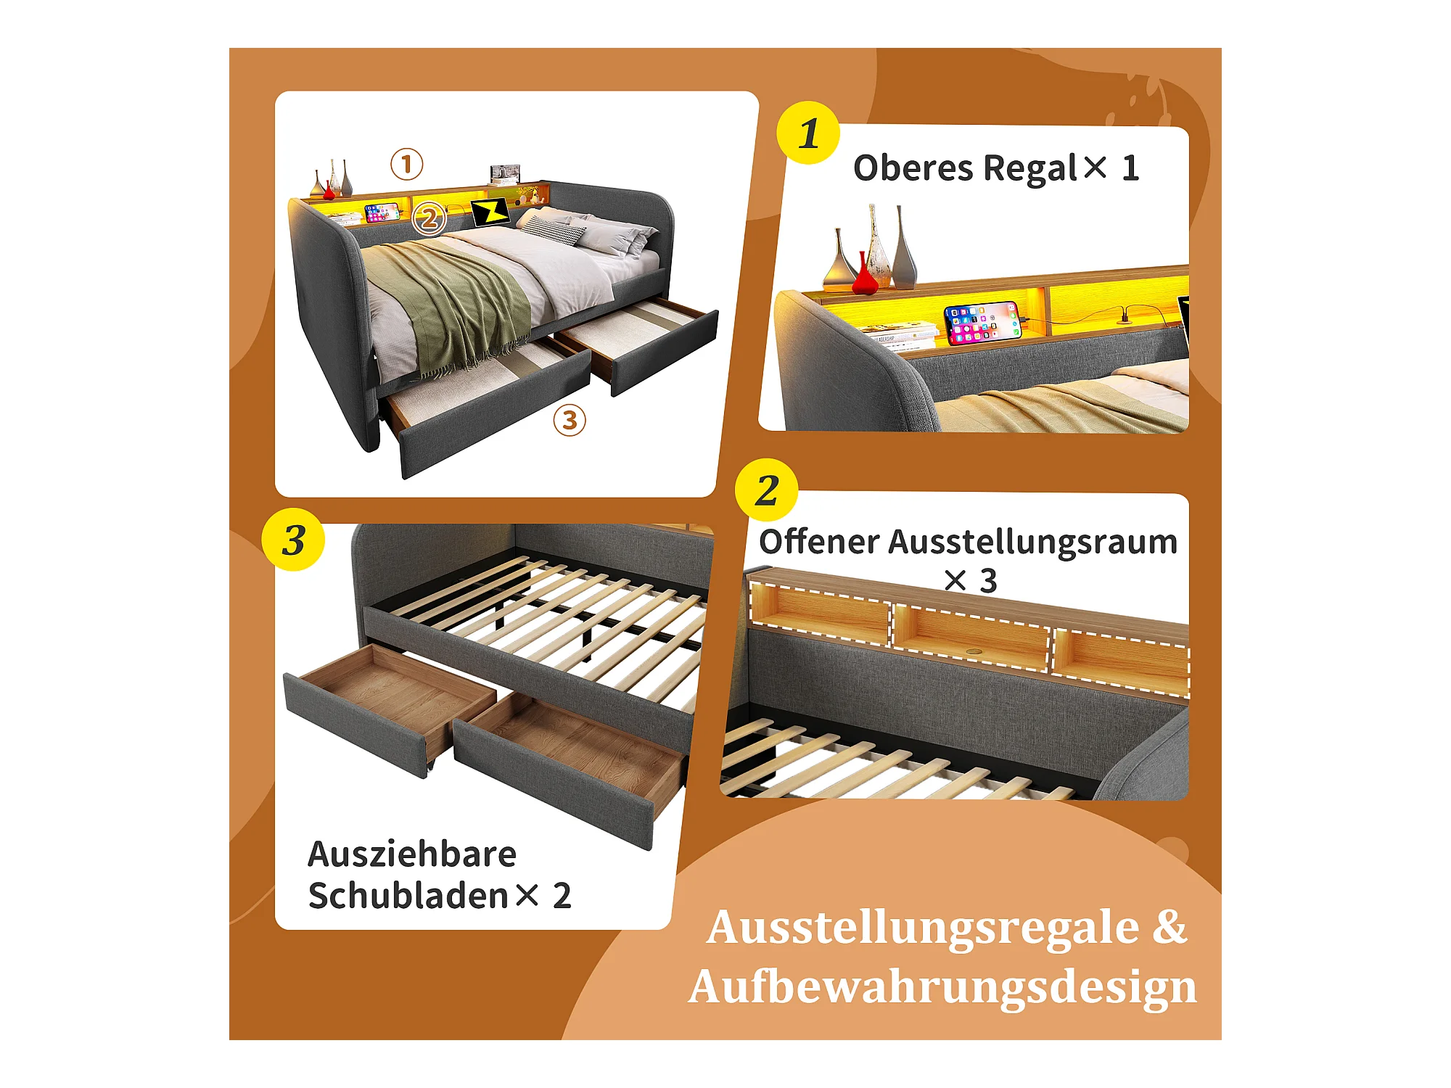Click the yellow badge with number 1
(x=808, y=133)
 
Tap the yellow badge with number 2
(x=767, y=490)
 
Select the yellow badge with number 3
(x=293, y=539)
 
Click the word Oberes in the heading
(x=913, y=168)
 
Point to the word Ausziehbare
(x=412, y=854)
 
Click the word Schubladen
(x=408, y=895)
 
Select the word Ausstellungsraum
(x=1033, y=543)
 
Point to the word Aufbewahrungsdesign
(x=942, y=987)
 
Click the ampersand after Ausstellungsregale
(x=1170, y=926)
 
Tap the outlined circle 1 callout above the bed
(x=407, y=164)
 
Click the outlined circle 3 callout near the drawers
(x=570, y=420)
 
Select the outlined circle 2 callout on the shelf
(x=429, y=218)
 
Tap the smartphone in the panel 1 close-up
(x=982, y=323)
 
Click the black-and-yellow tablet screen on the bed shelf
(x=491, y=211)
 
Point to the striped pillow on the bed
(x=555, y=230)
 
